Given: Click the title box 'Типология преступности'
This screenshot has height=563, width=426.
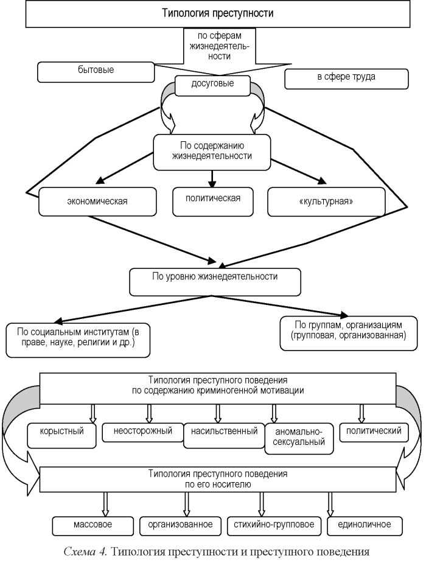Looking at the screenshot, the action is coord(217,14).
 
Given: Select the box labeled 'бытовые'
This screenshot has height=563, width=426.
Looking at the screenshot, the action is coord(96,72).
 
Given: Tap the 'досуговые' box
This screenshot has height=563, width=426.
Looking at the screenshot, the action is coord(212,85).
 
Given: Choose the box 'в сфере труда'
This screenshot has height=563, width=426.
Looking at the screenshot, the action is coord(346,79).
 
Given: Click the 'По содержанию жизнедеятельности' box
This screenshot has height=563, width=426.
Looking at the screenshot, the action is coord(212,152).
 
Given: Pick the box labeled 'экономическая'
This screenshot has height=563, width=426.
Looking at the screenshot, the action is coord(97,201).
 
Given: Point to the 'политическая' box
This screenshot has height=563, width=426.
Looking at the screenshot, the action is coord(213,202).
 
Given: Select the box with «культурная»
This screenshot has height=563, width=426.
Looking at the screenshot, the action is coord(326,202).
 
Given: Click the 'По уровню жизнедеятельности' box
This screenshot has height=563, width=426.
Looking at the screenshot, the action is coord(215,282).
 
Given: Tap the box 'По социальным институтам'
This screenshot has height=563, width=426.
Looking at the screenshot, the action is coord(78,340).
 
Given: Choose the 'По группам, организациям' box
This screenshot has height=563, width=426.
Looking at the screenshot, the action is coord(349,333).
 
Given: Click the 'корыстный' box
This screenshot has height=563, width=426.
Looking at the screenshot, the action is coord(61,436).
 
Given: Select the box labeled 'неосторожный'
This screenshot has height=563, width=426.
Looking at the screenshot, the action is coord(143,433).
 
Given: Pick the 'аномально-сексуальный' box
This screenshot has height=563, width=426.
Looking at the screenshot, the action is coord(299,439).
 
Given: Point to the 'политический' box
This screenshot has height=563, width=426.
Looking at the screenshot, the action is coord(374,433).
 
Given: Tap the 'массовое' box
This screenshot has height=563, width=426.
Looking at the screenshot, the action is coord(93,526).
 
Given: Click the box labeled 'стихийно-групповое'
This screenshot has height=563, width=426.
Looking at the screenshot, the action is coord(274,526).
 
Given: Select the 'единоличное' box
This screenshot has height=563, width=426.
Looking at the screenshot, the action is coord(365,526).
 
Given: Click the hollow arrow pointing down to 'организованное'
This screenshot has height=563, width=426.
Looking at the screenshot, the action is coord(186,504).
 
